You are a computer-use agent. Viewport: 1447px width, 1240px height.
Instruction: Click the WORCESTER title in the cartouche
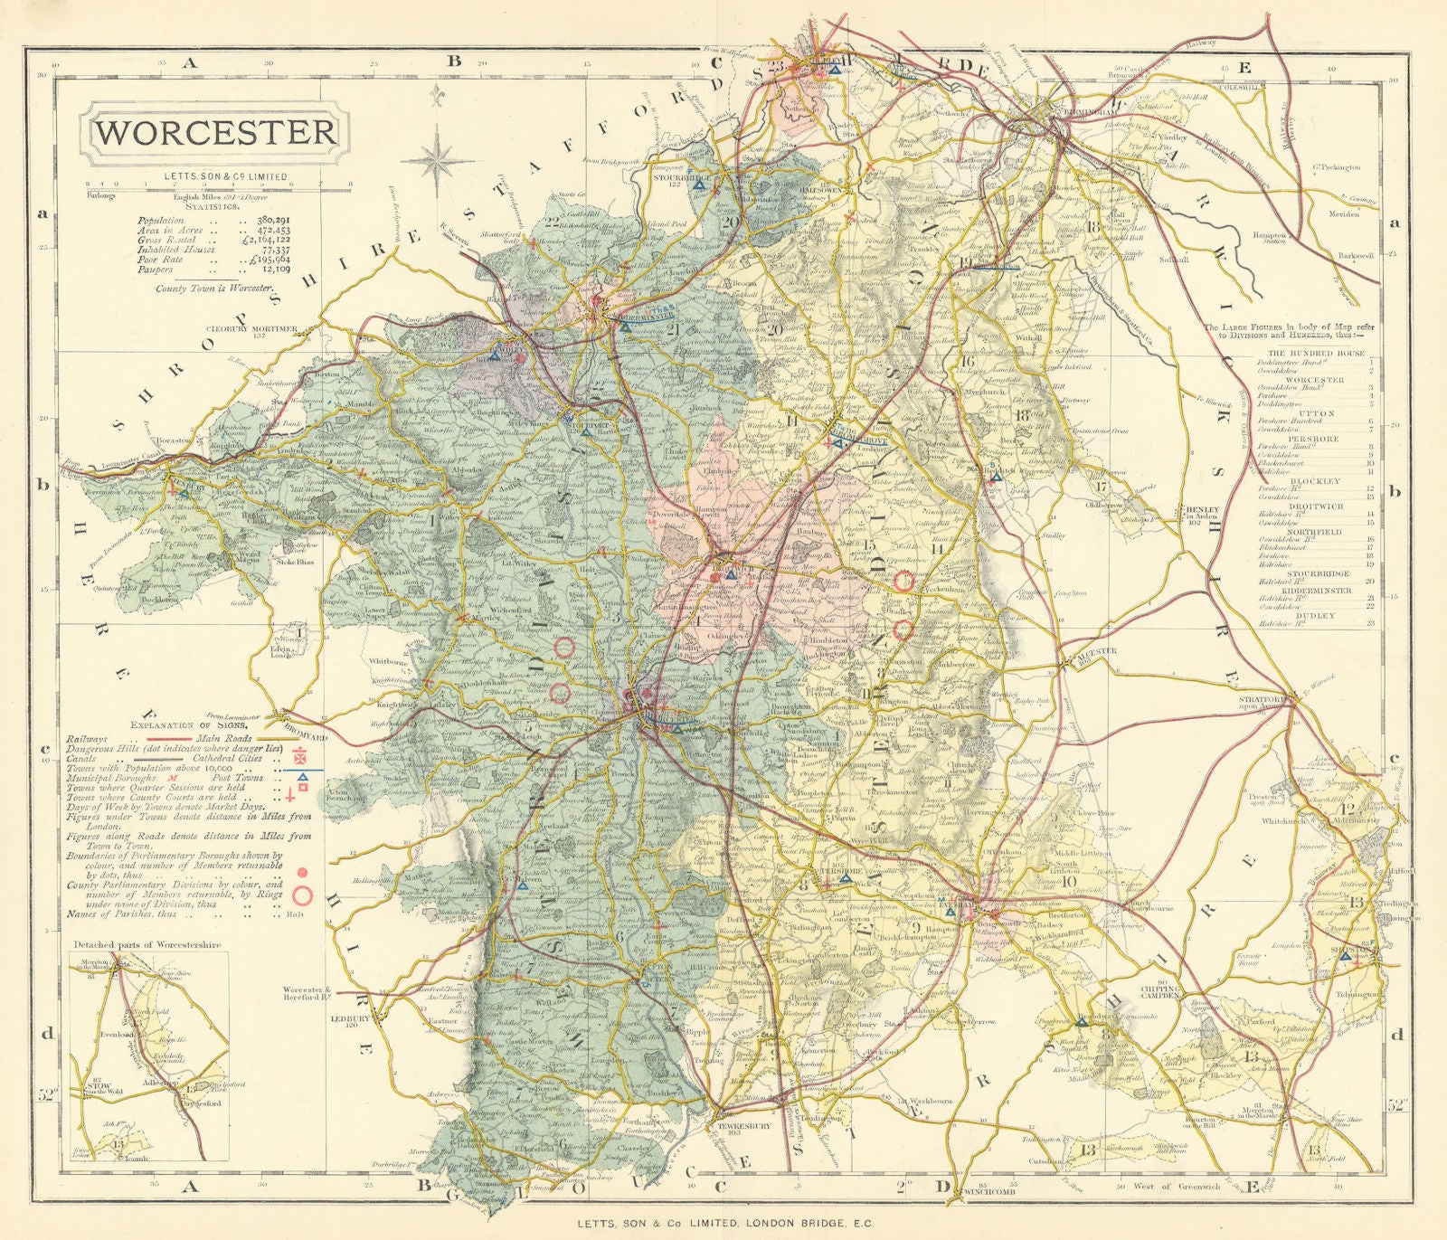215,132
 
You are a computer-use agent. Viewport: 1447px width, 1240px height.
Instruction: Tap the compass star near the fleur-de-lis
438,160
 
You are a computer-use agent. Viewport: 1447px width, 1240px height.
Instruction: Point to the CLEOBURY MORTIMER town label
251,329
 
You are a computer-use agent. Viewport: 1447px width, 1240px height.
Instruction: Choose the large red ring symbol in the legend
303,895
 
